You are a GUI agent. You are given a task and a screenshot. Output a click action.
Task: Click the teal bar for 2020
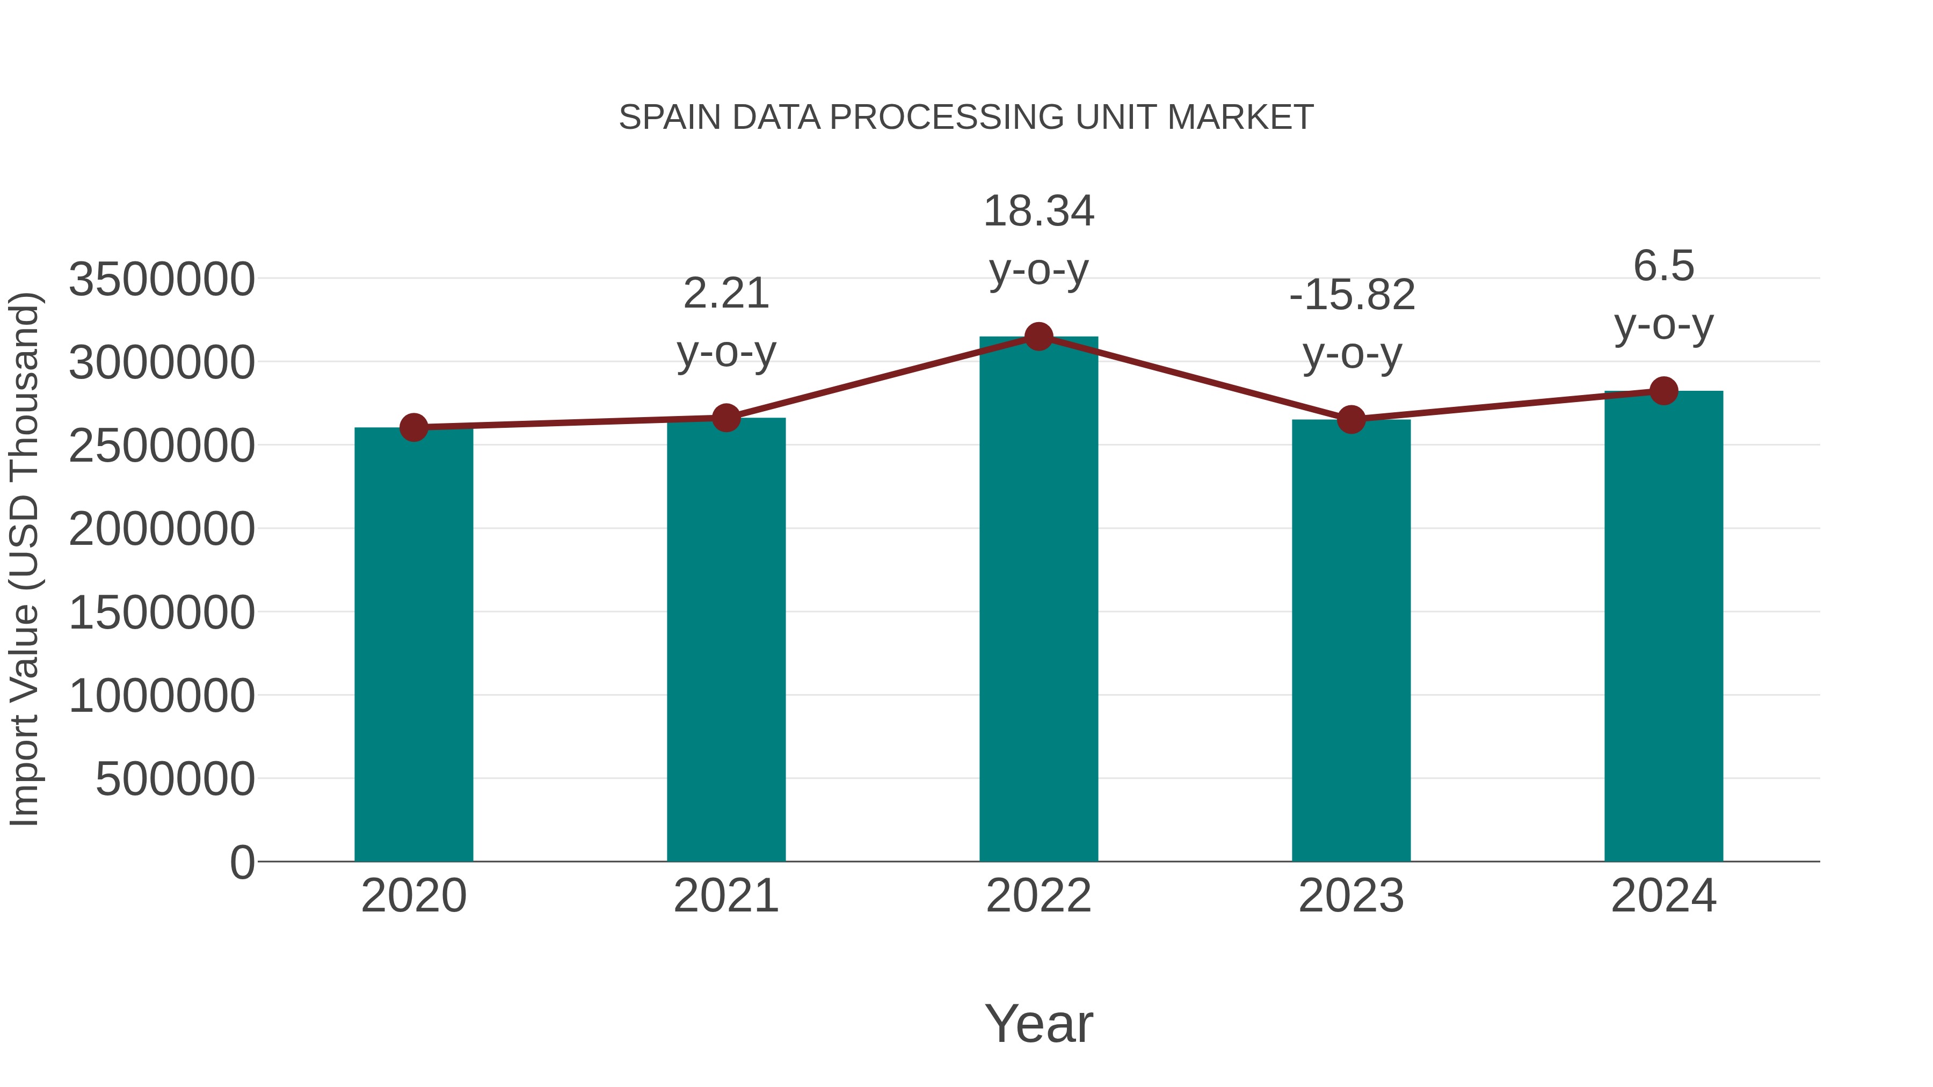click(x=413, y=645)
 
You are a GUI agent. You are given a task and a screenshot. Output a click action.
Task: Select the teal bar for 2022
click(x=1038, y=600)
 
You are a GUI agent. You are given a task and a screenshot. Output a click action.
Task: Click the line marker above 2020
click(x=413, y=428)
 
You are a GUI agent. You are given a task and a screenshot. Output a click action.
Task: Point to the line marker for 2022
click(x=1038, y=337)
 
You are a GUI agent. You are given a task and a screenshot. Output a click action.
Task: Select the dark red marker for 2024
click(x=1663, y=391)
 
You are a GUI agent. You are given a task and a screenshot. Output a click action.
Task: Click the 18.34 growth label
click(x=1038, y=211)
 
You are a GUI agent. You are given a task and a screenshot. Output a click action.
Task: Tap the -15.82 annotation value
click(x=1351, y=295)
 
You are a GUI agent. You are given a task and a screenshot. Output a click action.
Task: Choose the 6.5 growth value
click(x=1663, y=266)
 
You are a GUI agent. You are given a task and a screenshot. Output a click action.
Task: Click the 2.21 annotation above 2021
click(x=725, y=293)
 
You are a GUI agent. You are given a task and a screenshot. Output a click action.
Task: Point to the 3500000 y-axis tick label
click(x=161, y=280)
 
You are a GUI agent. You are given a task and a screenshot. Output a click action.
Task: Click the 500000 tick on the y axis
click(x=175, y=779)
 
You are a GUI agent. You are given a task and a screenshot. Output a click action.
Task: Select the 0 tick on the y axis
click(x=242, y=863)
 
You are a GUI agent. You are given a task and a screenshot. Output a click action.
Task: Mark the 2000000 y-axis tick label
click(x=161, y=530)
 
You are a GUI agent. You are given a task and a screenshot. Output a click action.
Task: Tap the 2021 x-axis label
click(x=725, y=896)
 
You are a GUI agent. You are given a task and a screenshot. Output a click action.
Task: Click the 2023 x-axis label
click(x=1351, y=896)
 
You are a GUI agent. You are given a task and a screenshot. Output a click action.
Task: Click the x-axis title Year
click(x=1038, y=1024)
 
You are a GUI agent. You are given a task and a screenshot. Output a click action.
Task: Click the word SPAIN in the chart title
click(x=670, y=118)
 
